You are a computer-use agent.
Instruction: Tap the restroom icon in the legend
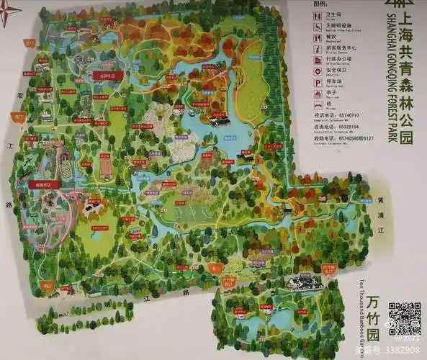[318, 15]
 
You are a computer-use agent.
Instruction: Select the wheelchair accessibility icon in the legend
[318, 27]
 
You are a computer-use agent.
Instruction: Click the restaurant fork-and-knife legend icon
[318, 38]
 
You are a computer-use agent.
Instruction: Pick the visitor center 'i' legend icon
[318, 49]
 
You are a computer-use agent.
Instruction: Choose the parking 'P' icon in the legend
[318, 83]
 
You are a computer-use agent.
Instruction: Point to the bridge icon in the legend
[318, 105]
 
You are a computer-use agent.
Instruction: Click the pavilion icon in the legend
[318, 94]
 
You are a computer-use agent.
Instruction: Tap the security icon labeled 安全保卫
[318, 71]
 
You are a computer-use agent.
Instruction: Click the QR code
[404, 318]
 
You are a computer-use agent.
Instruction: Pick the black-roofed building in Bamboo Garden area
[305, 282]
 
